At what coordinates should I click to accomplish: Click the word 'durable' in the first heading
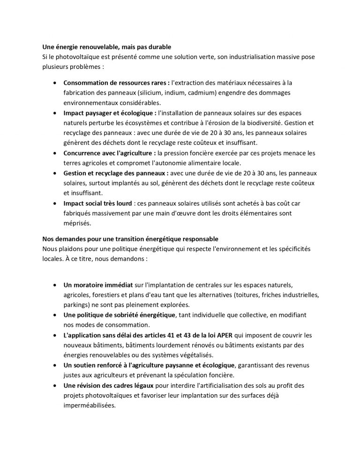[x=158, y=47]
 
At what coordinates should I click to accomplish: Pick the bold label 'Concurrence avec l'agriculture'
[x=110, y=153]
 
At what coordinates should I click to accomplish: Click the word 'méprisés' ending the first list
[x=76, y=224]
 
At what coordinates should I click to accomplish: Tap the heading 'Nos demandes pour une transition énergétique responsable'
[x=130, y=239]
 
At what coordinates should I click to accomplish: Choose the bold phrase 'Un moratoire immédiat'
[x=97, y=285]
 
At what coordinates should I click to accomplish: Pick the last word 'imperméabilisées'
[x=90, y=406]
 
